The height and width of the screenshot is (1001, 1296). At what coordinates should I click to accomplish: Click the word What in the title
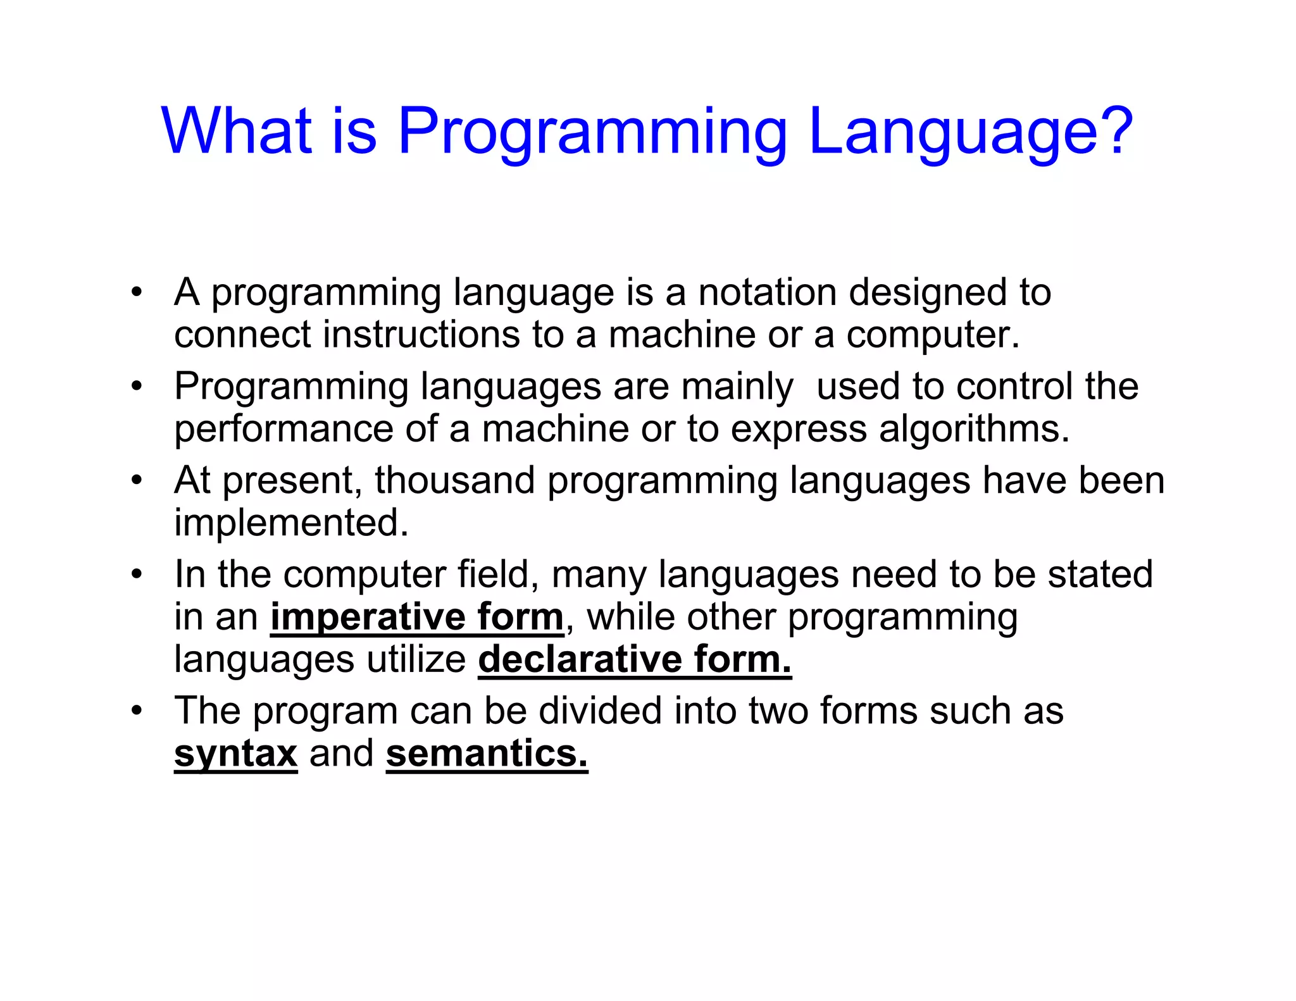click(237, 131)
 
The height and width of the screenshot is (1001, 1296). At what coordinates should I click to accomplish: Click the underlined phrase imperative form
click(416, 617)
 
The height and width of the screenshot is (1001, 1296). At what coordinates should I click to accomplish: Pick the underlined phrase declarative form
click(634, 659)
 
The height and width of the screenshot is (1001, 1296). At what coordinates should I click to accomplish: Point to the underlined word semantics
click(487, 753)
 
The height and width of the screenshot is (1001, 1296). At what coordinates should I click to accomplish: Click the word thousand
click(455, 480)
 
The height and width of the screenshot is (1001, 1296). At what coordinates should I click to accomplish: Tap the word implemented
click(291, 523)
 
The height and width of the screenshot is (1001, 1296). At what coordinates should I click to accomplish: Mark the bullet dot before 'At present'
click(137, 480)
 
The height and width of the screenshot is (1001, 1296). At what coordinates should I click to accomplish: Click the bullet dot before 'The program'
click(137, 711)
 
